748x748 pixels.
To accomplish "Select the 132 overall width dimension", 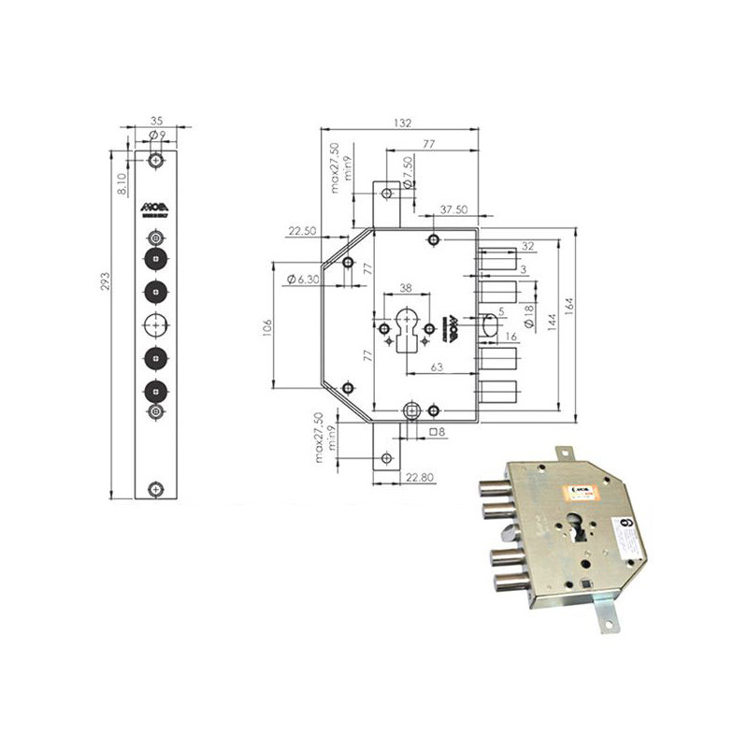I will point(403,122).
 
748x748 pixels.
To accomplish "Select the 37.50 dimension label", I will point(453,209).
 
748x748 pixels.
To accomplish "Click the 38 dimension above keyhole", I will point(406,289).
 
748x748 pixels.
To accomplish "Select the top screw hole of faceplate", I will point(155,159).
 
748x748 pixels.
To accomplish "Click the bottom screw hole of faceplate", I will point(155,487).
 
